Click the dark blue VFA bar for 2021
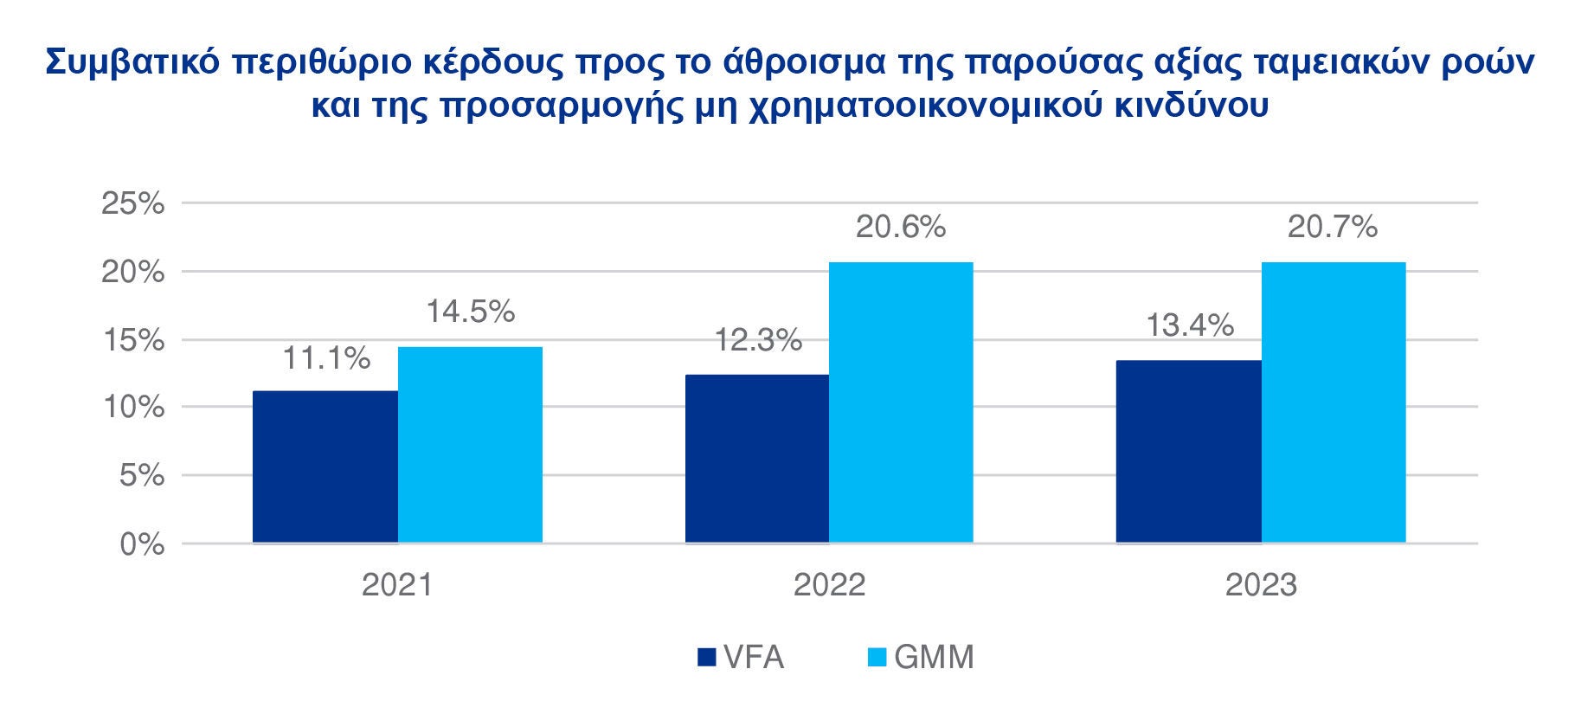point(325,466)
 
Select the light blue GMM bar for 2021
point(470,445)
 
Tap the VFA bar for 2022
point(756,459)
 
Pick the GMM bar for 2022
point(901,402)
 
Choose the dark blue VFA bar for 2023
point(1188,452)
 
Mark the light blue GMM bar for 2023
point(1333,402)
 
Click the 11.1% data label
point(327,357)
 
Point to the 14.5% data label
point(470,312)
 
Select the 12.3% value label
point(758,341)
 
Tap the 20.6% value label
point(901,227)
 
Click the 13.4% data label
point(1190,325)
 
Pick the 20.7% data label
point(1333,227)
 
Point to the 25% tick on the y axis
point(133,203)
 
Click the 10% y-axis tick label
point(133,408)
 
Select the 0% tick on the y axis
point(142,544)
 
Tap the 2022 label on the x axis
point(829,586)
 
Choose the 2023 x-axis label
point(1261,586)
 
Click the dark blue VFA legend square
point(707,658)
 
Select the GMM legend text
point(934,658)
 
